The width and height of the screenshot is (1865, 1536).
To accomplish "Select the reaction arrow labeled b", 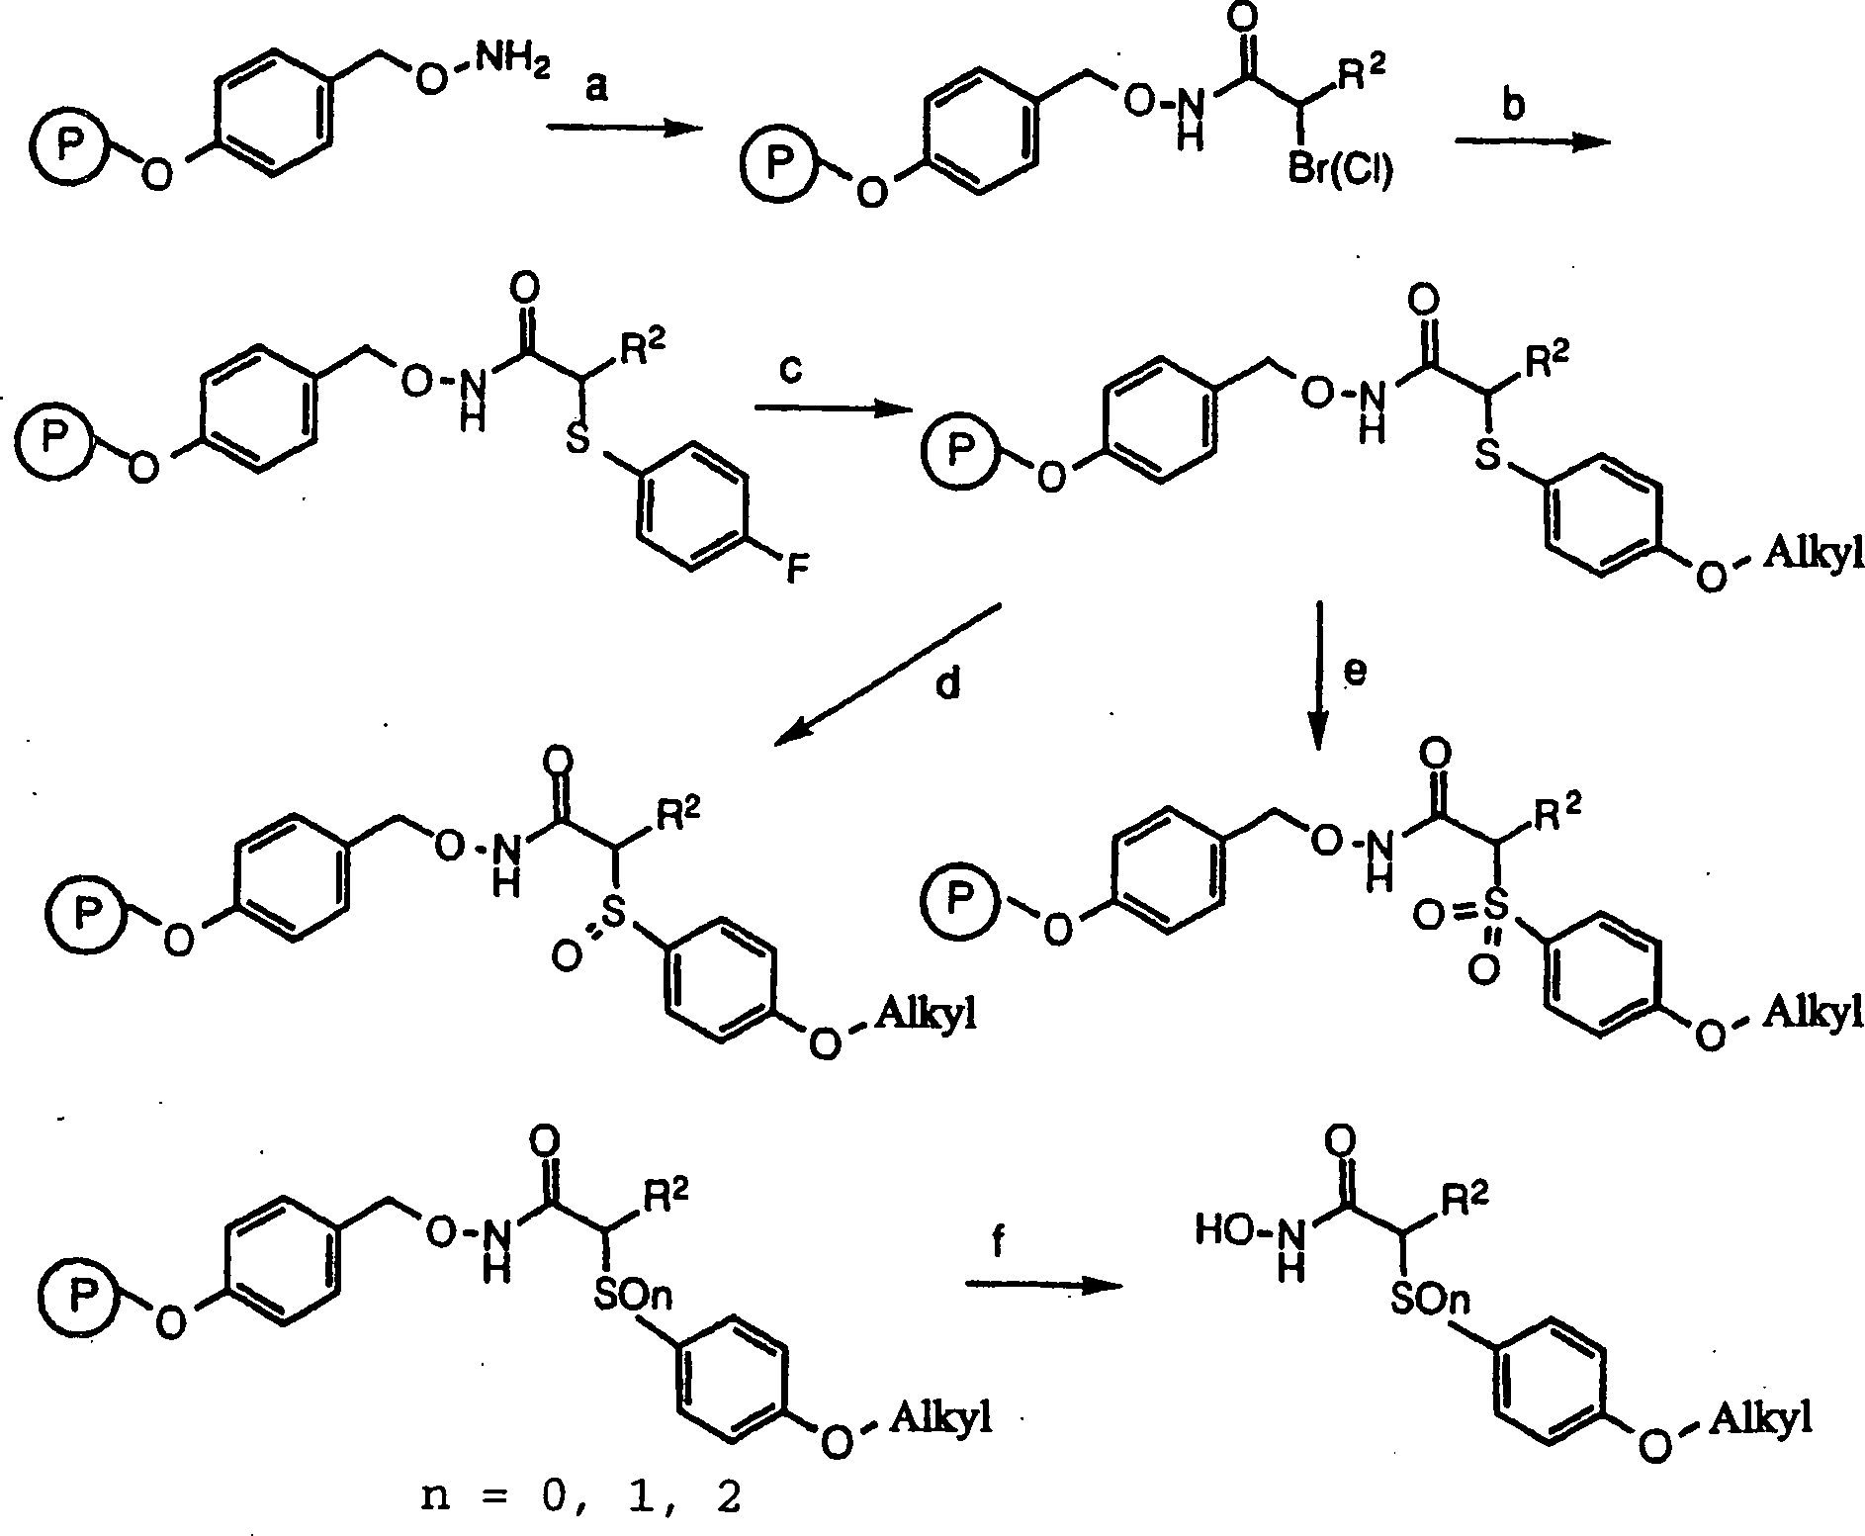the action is (x=1531, y=142).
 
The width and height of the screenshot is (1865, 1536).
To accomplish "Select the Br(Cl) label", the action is (x=1340, y=172).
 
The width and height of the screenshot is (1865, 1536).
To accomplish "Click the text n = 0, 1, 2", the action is (x=578, y=1498).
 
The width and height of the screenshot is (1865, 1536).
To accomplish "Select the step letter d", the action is (x=947, y=683).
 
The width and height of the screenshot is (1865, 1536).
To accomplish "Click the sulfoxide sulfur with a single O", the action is (x=612, y=919).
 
